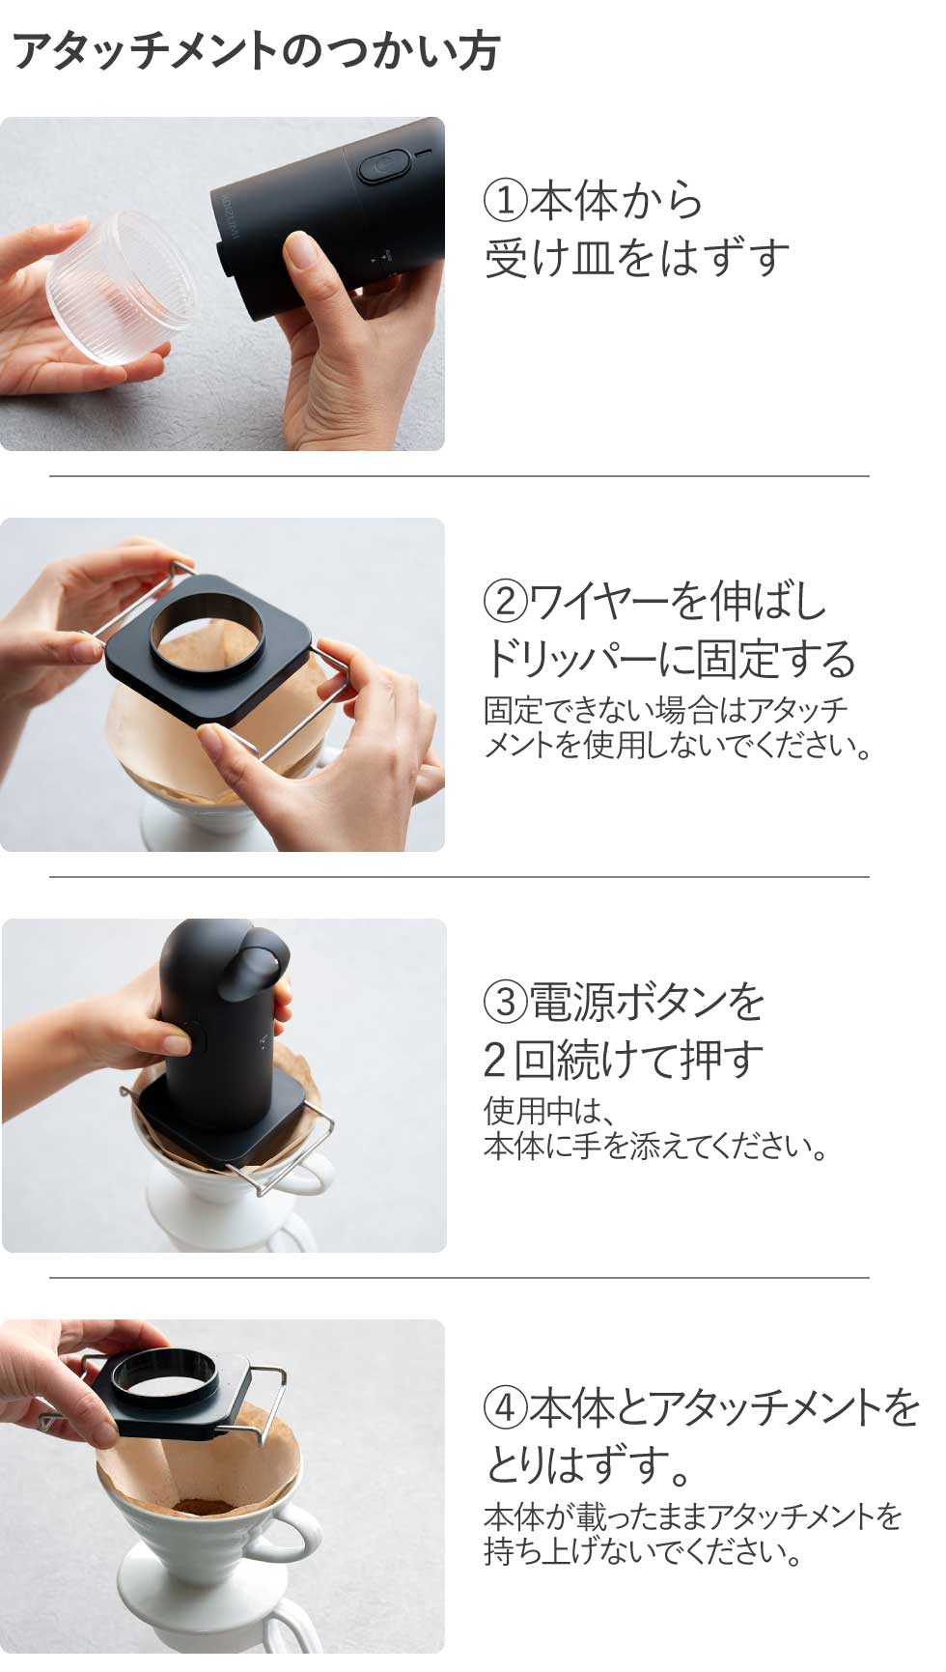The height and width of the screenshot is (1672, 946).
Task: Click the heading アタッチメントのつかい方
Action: click(x=256, y=51)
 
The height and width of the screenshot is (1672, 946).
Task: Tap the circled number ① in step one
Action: click(x=505, y=201)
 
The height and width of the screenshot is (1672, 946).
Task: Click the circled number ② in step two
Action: click(x=505, y=602)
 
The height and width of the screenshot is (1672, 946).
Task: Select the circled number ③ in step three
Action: click(x=505, y=1003)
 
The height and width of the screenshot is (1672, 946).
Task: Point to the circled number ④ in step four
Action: click(x=505, y=1408)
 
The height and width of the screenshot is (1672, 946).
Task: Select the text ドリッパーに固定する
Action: click(x=670, y=660)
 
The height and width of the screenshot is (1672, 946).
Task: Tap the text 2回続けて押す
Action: click(x=624, y=1061)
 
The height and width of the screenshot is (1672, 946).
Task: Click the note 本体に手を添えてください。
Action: click(x=656, y=1148)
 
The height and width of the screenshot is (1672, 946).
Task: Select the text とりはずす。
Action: click(x=589, y=1466)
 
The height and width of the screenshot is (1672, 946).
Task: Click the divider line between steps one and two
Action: click(x=459, y=476)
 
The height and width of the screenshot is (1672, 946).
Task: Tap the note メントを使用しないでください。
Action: click(x=679, y=747)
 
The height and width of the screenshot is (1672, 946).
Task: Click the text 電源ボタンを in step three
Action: click(x=647, y=1003)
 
